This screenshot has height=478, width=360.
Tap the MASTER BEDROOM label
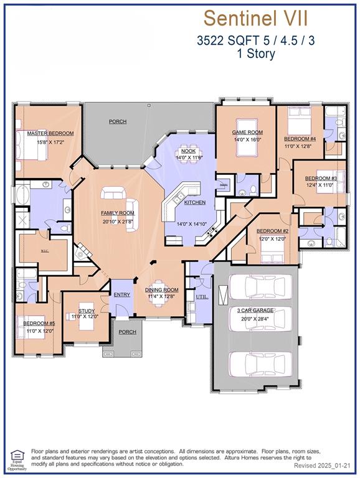(x=50, y=133)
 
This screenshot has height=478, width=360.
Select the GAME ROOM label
(x=247, y=132)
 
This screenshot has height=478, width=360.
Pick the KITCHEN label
(x=194, y=203)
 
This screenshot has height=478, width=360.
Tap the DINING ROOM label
(x=162, y=289)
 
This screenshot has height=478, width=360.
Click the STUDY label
(x=87, y=310)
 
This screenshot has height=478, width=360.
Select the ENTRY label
(x=120, y=294)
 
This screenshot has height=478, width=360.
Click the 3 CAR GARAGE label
(x=256, y=310)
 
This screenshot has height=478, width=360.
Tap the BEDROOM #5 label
(x=39, y=324)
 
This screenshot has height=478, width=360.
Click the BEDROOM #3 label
(x=321, y=179)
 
